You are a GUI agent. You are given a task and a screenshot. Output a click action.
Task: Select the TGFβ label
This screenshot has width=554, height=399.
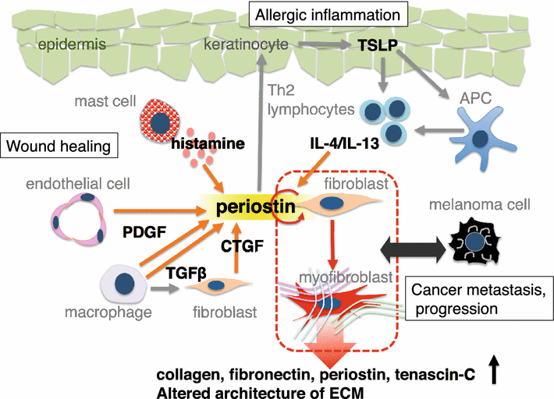coord(186,272)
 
